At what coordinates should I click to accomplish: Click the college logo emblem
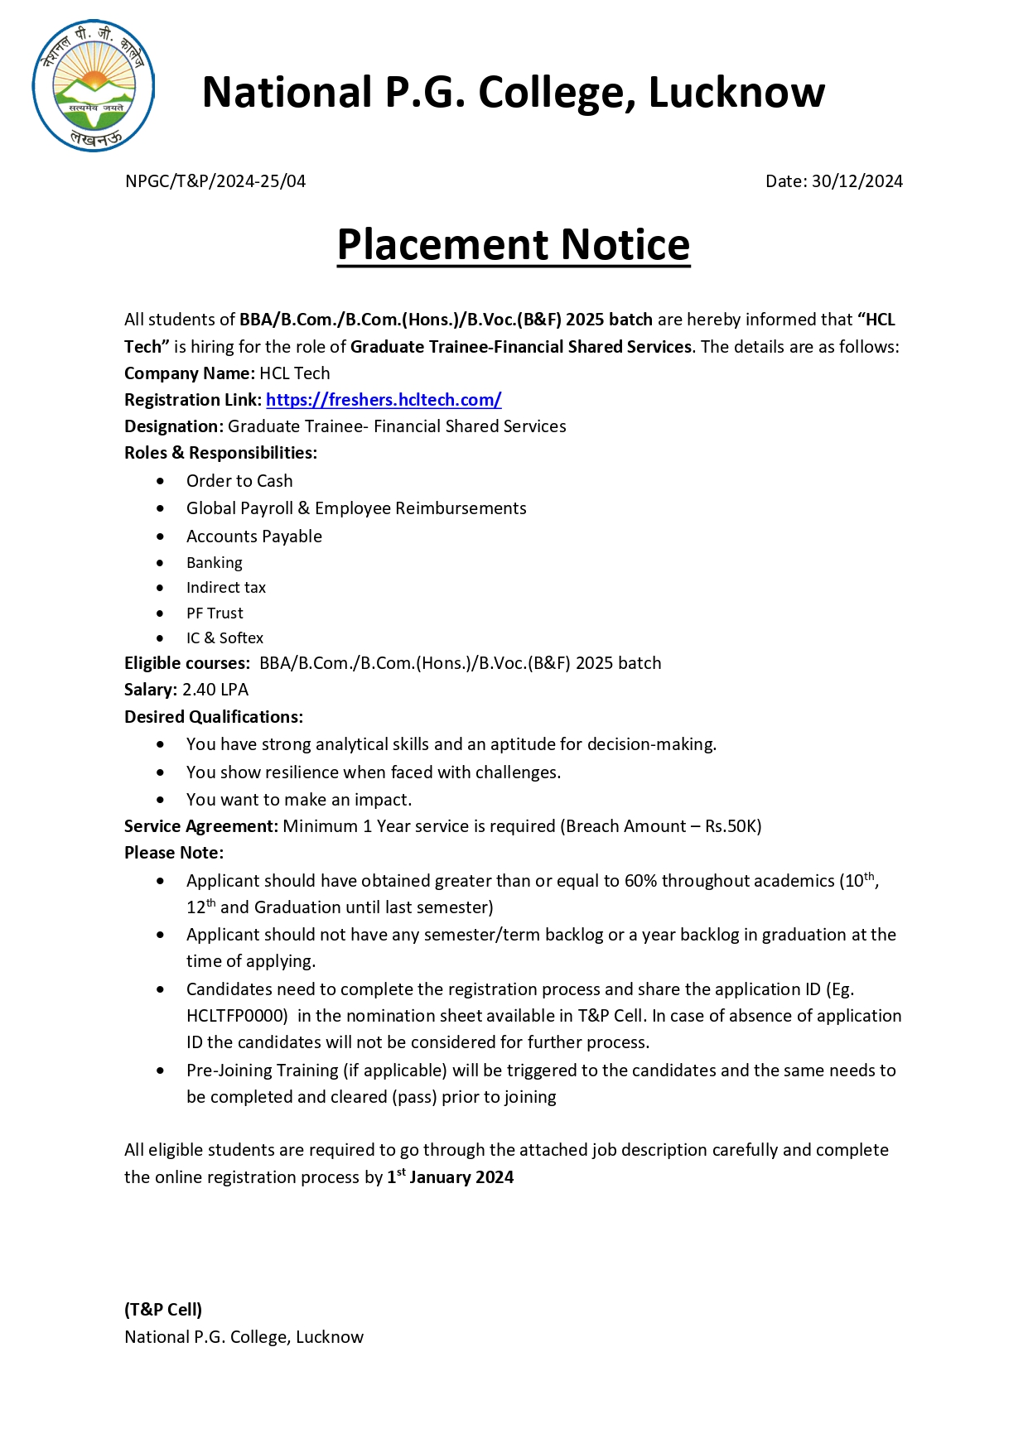94,86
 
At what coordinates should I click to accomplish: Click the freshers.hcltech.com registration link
384,400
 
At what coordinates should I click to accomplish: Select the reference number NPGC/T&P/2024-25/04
215,181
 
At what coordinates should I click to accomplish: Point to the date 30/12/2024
857,181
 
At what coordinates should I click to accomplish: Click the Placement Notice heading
514,245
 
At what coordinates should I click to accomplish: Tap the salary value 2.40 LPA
215,690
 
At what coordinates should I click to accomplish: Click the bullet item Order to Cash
239,481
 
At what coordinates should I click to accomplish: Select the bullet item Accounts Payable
253,536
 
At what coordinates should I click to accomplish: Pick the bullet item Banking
215,563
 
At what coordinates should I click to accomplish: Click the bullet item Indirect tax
226,588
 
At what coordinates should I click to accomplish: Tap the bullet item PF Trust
215,613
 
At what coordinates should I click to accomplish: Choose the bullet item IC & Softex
224,638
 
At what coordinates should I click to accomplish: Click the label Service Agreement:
200,826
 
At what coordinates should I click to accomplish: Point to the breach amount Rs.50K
731,826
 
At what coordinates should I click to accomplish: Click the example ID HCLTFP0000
237,1016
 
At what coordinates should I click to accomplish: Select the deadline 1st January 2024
451,1176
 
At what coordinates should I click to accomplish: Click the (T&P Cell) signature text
163,1310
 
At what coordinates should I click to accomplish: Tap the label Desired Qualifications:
214,717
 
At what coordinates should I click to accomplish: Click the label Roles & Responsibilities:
220,453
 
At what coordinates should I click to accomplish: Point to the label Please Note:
174,853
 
